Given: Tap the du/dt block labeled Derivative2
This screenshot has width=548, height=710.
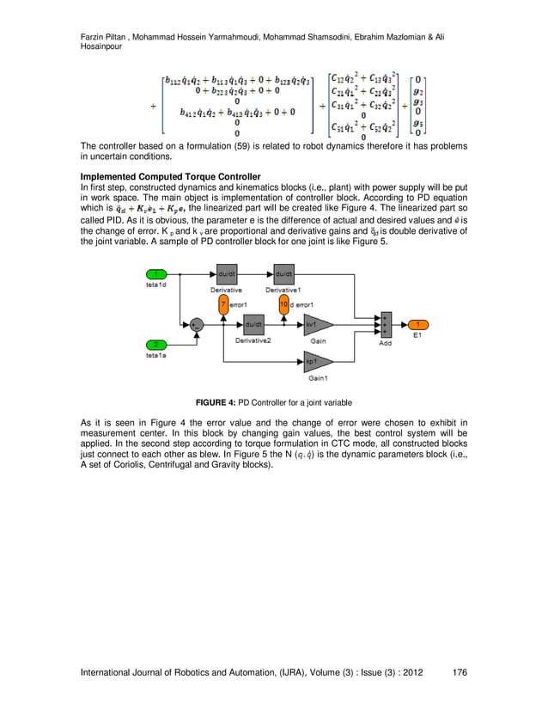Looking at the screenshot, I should pos(253,325).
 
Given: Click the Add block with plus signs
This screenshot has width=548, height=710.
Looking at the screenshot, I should pos(387,325).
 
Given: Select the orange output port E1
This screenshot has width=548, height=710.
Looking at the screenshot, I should pos(417,325).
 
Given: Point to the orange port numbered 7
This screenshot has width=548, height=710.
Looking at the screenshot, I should pos(222,304).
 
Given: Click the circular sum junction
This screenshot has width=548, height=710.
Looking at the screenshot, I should pos(197,325).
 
